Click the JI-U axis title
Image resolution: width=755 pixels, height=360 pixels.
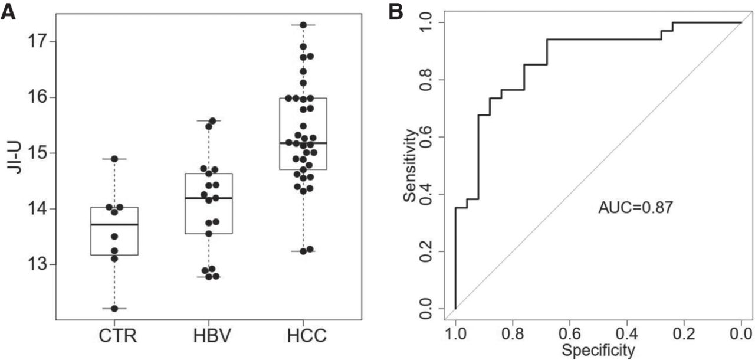click(16, 159)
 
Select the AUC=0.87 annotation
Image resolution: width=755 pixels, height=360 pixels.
click(635, 208)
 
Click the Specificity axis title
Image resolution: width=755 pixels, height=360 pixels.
click(598, 351)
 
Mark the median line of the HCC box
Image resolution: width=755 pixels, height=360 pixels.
click(303, 143)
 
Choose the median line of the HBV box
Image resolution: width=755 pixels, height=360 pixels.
click(208, 198)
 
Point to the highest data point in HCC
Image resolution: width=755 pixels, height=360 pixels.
click(303, 25)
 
